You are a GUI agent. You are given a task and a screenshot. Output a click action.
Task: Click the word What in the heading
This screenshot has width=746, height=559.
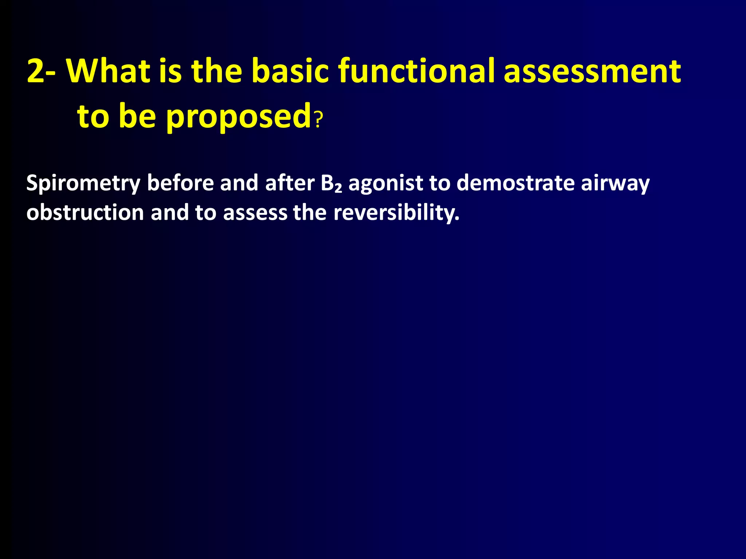point(108,71)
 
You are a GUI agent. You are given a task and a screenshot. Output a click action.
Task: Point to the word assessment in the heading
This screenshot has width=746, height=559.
point(592,71)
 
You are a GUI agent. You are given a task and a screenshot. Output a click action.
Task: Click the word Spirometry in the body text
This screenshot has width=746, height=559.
point(83,183)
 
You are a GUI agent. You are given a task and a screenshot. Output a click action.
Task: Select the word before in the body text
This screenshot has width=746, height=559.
point(180,183)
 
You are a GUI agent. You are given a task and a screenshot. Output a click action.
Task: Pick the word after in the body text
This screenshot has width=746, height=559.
point(290,183)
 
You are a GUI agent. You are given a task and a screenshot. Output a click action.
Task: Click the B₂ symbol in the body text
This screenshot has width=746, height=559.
point(331,183)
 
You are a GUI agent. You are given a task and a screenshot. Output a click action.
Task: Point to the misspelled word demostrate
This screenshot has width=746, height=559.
point(515,183)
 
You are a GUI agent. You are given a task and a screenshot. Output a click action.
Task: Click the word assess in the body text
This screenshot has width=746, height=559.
point(255,213)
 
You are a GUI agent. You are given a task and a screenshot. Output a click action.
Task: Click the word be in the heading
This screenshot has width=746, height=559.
point(137,116)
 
